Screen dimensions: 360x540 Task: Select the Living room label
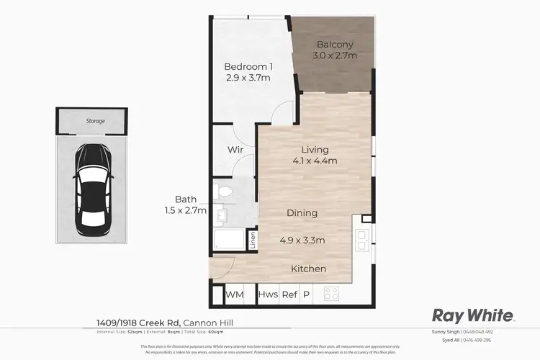click(x=317, y=150)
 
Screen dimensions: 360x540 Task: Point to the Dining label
click(x=302, y=213)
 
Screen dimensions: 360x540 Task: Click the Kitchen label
click(x=308, y=269)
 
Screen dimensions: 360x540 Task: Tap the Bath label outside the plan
click(x=186, y=199)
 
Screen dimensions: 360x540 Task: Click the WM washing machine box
click(x=234, y=294)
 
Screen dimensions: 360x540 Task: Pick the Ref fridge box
click(x=289, y=294)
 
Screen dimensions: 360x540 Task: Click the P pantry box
click(x=306, y=294)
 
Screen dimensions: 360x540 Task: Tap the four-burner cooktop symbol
click(x=332, y=294)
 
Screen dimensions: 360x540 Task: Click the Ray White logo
click(x=472, y=315)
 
